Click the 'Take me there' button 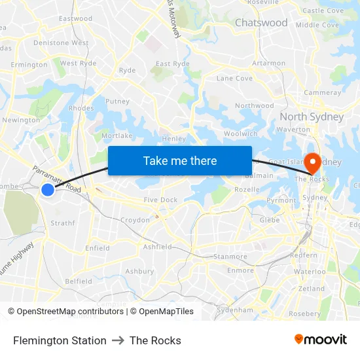tap(180, 160)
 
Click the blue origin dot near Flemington tap(48, 190)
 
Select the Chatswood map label tap(261, 23)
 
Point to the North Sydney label tap(312, 117)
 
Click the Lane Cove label tap(234, 79)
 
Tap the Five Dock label tap(160, 200)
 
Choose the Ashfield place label tap(158, 247)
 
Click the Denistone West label tap(61, 43)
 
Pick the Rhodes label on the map tap(81, 109)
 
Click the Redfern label tap(304, 256)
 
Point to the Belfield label tap(79, 281)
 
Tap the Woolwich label tap(241, 134)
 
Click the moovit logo tap(321, 340)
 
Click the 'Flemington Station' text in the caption tap(60, 340)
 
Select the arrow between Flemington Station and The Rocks tap(118, 340)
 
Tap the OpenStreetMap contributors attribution tap(65, 312)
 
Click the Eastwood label tap(76, 19)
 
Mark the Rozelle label tap(247, 190)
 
